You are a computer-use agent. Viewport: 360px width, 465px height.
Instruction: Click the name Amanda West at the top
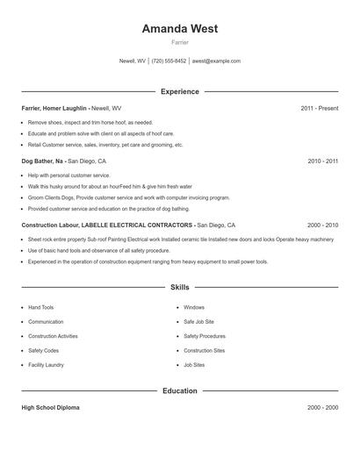179,29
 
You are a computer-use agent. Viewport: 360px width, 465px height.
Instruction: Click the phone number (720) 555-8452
169,61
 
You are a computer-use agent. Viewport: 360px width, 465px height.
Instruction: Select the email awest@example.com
216,61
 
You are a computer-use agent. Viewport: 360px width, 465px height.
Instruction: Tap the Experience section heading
179,91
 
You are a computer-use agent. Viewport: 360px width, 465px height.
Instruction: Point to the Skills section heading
179,287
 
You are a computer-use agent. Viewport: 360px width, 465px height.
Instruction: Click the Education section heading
179,390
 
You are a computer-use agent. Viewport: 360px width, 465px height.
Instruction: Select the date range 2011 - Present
319,109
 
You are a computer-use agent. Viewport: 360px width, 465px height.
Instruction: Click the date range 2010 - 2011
323,161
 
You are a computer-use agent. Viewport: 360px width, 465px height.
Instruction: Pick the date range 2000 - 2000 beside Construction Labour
323,225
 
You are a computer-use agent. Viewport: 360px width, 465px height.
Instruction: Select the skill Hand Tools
40,308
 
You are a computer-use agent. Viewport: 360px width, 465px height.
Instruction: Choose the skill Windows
193,308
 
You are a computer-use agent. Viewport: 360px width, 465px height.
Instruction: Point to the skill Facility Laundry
46,364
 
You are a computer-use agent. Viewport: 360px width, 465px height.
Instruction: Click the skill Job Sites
194,364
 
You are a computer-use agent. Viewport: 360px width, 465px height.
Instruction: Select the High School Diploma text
52,408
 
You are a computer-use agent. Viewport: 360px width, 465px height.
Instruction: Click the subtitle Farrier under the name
179,42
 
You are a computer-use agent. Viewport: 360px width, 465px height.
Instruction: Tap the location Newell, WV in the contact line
133,61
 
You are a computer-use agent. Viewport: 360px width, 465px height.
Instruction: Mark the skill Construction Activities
53,336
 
